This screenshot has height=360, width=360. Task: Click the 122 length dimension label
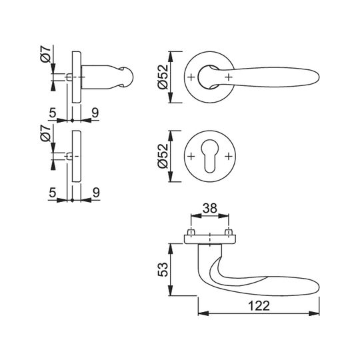[259, 306]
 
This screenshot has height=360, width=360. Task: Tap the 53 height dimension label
[163, 269]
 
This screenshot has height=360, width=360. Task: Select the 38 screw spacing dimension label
[210, 208]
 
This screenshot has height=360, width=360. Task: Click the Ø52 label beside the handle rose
[163, 77]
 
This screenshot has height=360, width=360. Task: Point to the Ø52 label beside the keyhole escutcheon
[163, 156]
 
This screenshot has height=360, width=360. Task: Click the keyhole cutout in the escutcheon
[209, 155]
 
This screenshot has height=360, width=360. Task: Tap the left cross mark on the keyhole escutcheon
[191, 157]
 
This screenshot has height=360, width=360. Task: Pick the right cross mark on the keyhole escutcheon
[229, 157]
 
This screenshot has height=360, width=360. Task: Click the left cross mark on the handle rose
[191, 77]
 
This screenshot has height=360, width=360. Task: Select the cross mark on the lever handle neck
[229, 77]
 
